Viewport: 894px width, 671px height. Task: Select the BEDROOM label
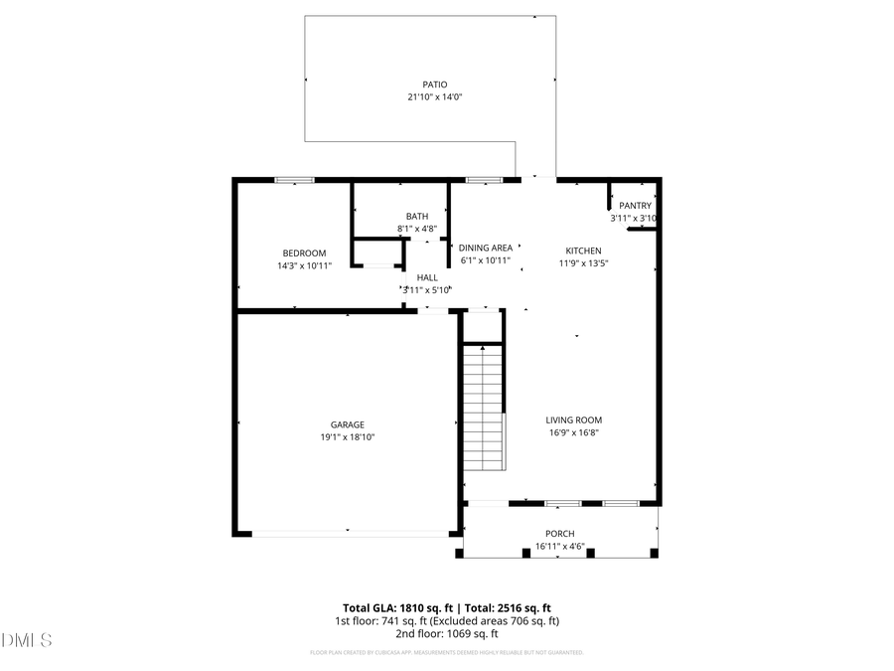pyautogui.click(x=304, y=252)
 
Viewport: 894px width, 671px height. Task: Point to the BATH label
pyautogui.click(x=417, y=216)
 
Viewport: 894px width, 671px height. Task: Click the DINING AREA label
pyautogui.click(x=486, y=248)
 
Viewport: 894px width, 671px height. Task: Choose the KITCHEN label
pyautogui.click(x=583, y=251)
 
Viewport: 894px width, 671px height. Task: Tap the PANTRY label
pyautogui.click(x=635, y=206)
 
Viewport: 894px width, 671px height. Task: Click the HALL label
pyautogui.click(x=427, y=277)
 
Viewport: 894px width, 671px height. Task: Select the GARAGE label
pyautogui.click(x=347, y=423)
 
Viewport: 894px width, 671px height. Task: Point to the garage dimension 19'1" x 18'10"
pyautogui.click(x=347, y=436)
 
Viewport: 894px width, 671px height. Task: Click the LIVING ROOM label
pyautogui.click(x=574, y=419)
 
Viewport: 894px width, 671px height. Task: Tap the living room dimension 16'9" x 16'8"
pyautogui.click(x=574, y=432)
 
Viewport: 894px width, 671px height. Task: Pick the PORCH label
pyautogui.click(x=560, y=534)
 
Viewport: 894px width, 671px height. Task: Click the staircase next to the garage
pyautogui.click(x=484, y=408)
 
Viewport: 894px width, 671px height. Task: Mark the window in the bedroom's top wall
pyautogui.click(x=294, y=180)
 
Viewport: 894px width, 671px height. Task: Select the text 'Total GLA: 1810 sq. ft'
pyautogui.click(x=394, y=607)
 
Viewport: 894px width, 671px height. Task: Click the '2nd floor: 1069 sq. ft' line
pyautogui.click(x=446, y=633)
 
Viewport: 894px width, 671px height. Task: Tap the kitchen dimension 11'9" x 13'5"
pyautogui.click(x=583, y=263)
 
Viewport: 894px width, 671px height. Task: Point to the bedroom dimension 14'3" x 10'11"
pyautogui.click(x=304, y=265)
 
